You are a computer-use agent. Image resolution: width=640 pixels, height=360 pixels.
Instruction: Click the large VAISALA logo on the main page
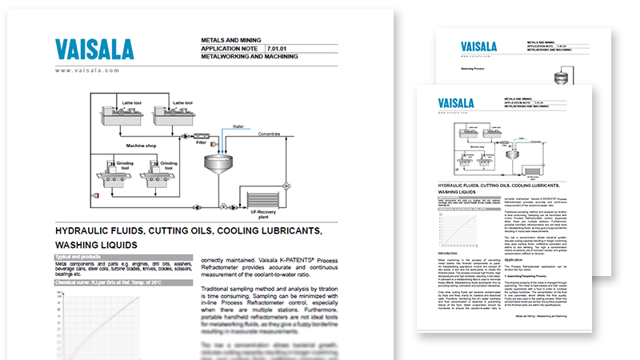(94, 50)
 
